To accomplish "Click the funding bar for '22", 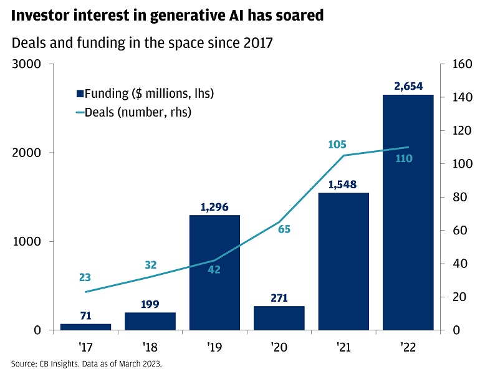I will (408, 212).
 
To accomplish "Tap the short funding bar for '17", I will (85, 327).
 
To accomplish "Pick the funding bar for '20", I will (279, 318).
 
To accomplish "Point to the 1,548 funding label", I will (343, 185).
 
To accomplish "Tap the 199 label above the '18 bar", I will (150, 304).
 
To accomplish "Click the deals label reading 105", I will (337, 145).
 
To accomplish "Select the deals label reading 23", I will (85, 277).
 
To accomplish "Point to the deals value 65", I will (284, 229).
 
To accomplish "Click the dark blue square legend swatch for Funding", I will (80, 94).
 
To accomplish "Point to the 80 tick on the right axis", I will (454, 197).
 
